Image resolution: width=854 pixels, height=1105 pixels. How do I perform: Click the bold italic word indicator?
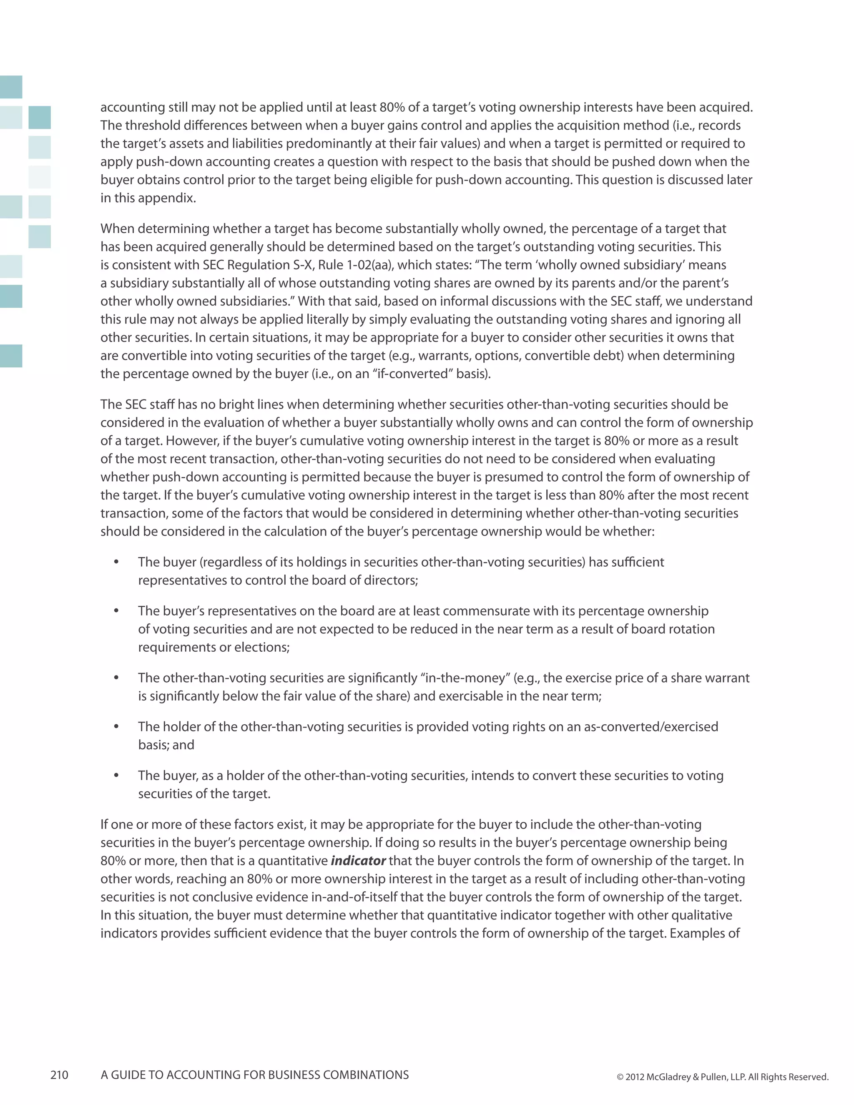pyautogui.click(x=358, y=861)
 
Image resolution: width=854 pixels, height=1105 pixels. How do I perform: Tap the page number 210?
pyautogui.click(x=59, y=1075)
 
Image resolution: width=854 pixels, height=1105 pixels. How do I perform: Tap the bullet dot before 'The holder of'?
pyautogui.click(x=116, y=726)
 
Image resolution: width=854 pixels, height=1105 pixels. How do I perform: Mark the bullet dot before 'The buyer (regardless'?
pyautogui.click(x=116, y=562)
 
